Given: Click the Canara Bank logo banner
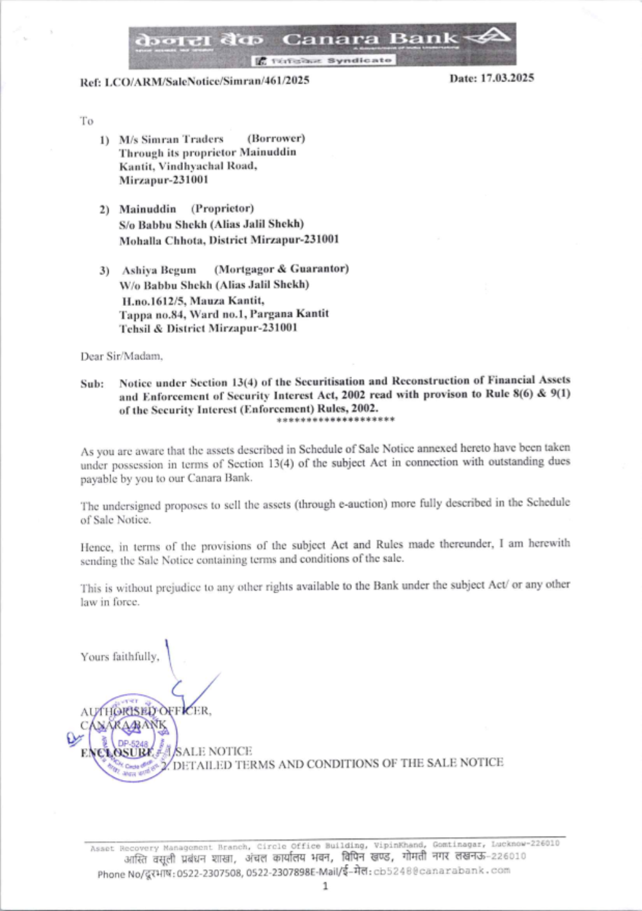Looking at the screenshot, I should click(x=322, y=46).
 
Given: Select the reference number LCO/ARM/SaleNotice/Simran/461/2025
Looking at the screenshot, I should click(x=207, y=81).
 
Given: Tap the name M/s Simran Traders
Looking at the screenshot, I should click(x=171, y=139).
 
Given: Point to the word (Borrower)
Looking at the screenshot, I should click(x=276, y=138).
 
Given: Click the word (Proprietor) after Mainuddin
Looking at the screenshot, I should click(x=222, y=209).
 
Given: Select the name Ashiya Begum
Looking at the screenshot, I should click(x=159, y=269).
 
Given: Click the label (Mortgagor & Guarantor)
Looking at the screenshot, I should click(x=281, y=269).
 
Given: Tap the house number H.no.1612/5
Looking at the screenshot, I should click(x=152, y=300).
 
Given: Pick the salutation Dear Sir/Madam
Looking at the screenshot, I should click(x=121, y=356).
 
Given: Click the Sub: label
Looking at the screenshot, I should click(x=92, y=384).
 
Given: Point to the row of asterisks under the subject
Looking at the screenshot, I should click(x=335, y=420).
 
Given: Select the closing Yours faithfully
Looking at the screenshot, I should click(x=119, y=656).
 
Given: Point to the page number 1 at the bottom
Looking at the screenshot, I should click(x=325, y=887).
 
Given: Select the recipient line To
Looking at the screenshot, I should click(x=87, y=121).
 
